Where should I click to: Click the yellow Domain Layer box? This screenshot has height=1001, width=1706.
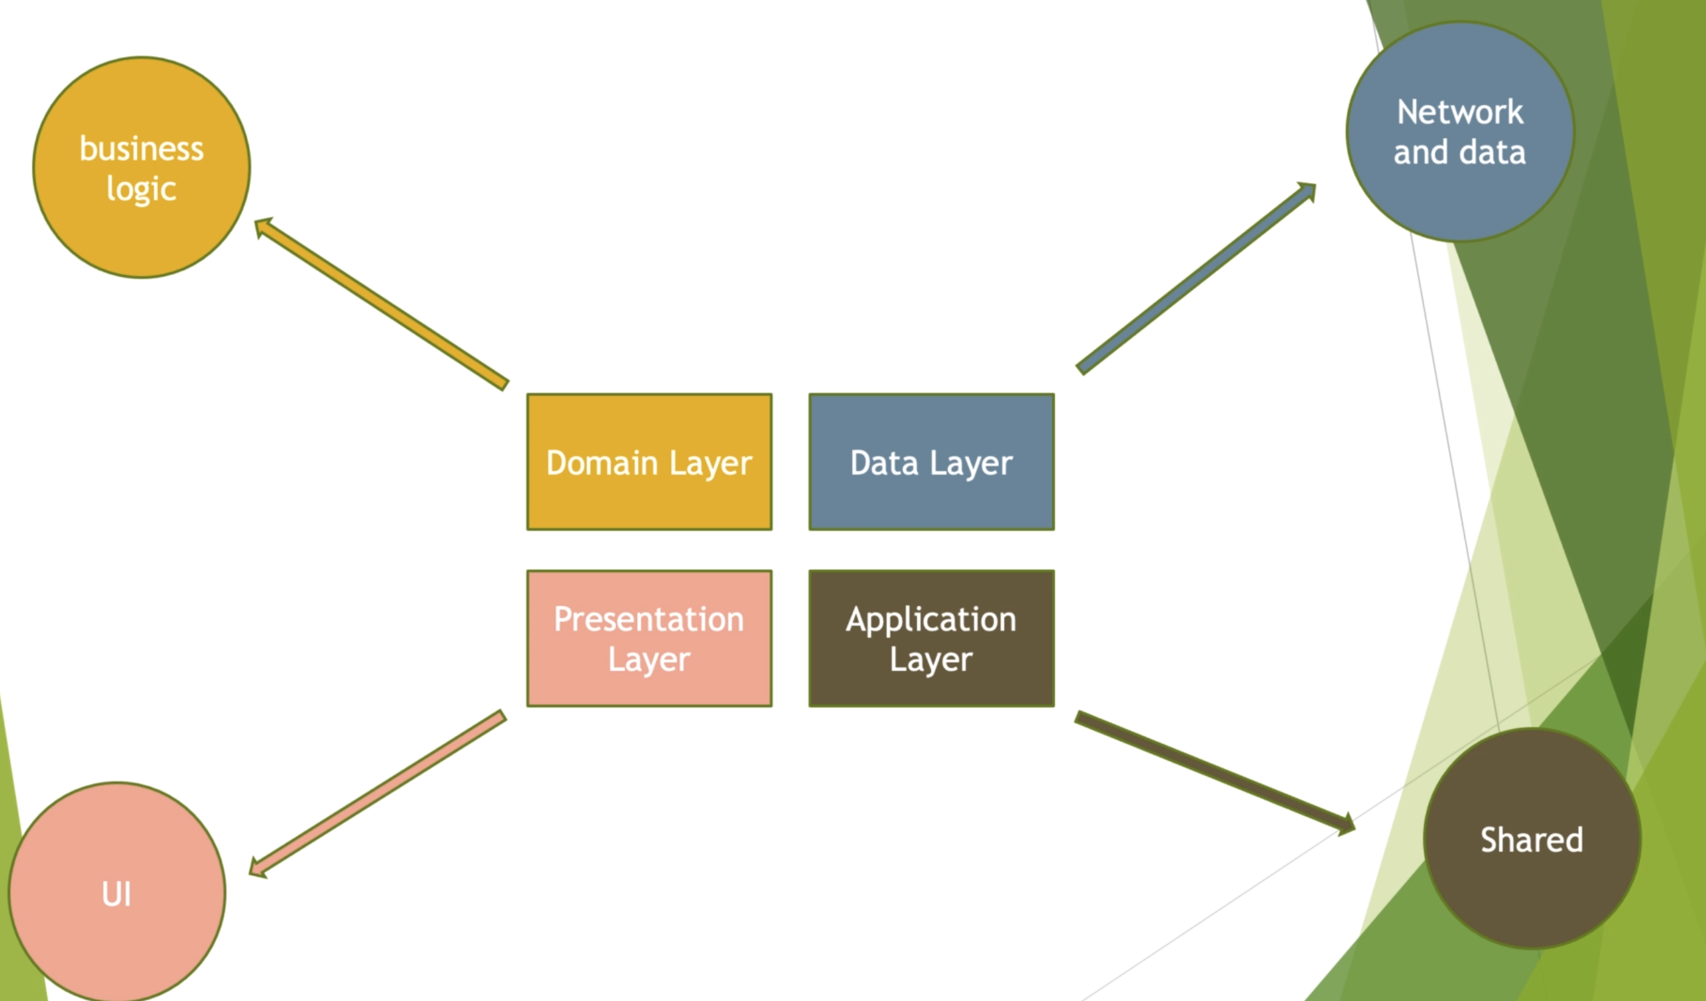click(x=649, y=461)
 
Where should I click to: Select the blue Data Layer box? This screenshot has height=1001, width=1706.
click(x=932, y=461)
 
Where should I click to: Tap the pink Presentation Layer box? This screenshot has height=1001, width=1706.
click(x=649, y=638)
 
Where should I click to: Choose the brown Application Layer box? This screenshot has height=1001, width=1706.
click(x=932, y=638)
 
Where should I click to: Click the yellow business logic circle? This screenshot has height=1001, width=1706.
click(x=142, y=167)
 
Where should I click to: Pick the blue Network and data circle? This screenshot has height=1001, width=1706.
click(x=1461, y=132)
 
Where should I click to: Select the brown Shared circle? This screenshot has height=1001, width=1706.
click(x=1532, y=838)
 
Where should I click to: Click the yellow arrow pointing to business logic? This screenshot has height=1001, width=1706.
click(x=381, y=304)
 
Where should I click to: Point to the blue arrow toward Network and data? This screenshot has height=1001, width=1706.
click(x=1196, y=278)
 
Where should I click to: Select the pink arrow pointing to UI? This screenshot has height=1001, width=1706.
click(x=378, y=794)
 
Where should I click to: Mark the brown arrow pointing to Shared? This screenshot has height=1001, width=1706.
click(x=1215, y=773)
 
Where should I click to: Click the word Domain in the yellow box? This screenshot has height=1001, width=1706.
click(x=602, y=463)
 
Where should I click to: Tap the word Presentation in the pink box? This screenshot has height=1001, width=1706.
click(x=649, y=618)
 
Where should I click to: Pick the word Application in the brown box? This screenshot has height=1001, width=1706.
click(x=932, y=620)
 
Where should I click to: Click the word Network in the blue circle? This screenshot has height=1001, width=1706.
click(x=1461, y=112)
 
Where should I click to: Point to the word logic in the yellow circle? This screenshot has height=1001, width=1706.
click(x=142, y=189)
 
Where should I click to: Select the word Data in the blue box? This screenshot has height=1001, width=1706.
click(x=884, y=463)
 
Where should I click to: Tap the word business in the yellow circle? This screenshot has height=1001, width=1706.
click(x=142, y=148)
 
